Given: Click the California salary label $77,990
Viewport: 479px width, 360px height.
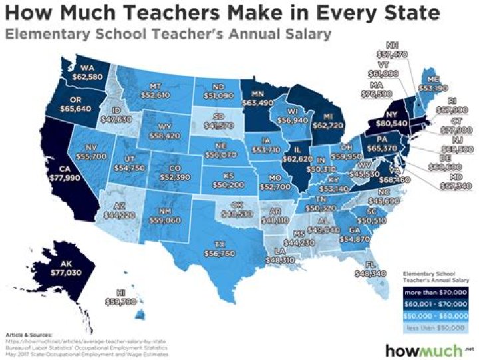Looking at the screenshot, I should tap(63, 174).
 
